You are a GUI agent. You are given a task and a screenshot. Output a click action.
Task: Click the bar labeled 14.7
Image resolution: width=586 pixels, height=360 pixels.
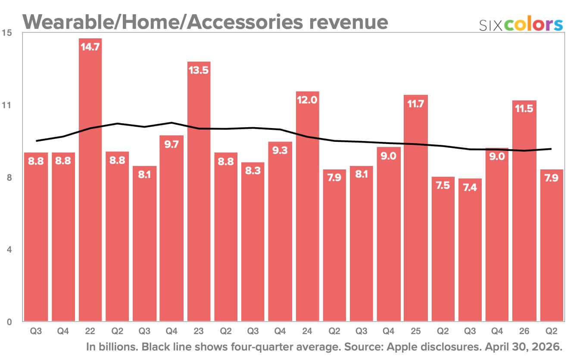point(90,180)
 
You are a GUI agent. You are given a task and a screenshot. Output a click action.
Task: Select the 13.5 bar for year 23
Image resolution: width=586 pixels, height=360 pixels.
point(199,191)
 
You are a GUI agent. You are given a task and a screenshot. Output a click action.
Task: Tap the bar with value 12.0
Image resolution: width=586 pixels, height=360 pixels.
point(307,207)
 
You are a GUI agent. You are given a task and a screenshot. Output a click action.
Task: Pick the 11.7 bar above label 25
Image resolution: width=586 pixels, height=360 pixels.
point(416,208)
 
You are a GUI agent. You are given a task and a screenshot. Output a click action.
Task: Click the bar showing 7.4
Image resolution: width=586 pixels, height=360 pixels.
point(470,250)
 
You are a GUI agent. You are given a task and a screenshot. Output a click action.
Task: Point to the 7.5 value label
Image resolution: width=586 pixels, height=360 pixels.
point(443,185)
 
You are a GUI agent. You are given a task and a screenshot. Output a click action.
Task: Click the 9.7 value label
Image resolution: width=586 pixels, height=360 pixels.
point(171,144)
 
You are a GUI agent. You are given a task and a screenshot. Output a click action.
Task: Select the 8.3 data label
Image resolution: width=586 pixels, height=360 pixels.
point(253,171)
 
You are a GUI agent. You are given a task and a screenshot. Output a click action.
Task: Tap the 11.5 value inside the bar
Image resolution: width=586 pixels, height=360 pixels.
point(524,108)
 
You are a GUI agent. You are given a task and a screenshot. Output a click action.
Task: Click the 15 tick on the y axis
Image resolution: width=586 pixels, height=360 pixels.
point(7,33)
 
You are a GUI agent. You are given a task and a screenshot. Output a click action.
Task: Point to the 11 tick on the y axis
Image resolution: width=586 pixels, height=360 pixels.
point(7,105)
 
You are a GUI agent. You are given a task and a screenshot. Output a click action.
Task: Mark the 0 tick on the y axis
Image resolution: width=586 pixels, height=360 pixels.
point(9,322)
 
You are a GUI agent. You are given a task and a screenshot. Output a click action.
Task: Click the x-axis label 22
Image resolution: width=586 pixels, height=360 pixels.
point(90,331)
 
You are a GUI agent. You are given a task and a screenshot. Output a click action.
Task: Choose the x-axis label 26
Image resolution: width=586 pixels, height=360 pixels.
point(524,331)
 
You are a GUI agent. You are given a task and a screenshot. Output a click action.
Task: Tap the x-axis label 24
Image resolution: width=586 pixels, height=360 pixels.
point(307,331)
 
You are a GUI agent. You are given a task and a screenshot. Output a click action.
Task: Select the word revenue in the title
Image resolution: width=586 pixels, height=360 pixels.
point(349,22)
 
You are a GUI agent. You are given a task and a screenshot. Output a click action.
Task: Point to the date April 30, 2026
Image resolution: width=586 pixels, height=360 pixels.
point(524,347)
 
